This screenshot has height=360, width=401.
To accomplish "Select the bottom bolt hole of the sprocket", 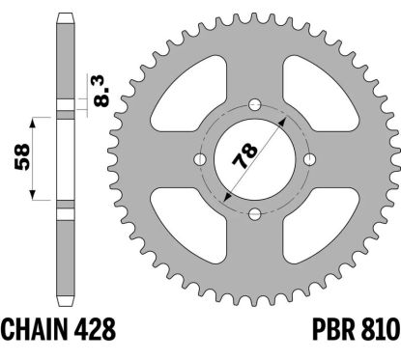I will coord(254,213).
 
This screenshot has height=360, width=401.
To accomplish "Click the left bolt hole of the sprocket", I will coord(199,159).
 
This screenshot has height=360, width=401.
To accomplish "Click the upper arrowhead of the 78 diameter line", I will coord(283,124).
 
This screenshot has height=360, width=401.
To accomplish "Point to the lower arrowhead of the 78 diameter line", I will coord(225,195).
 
